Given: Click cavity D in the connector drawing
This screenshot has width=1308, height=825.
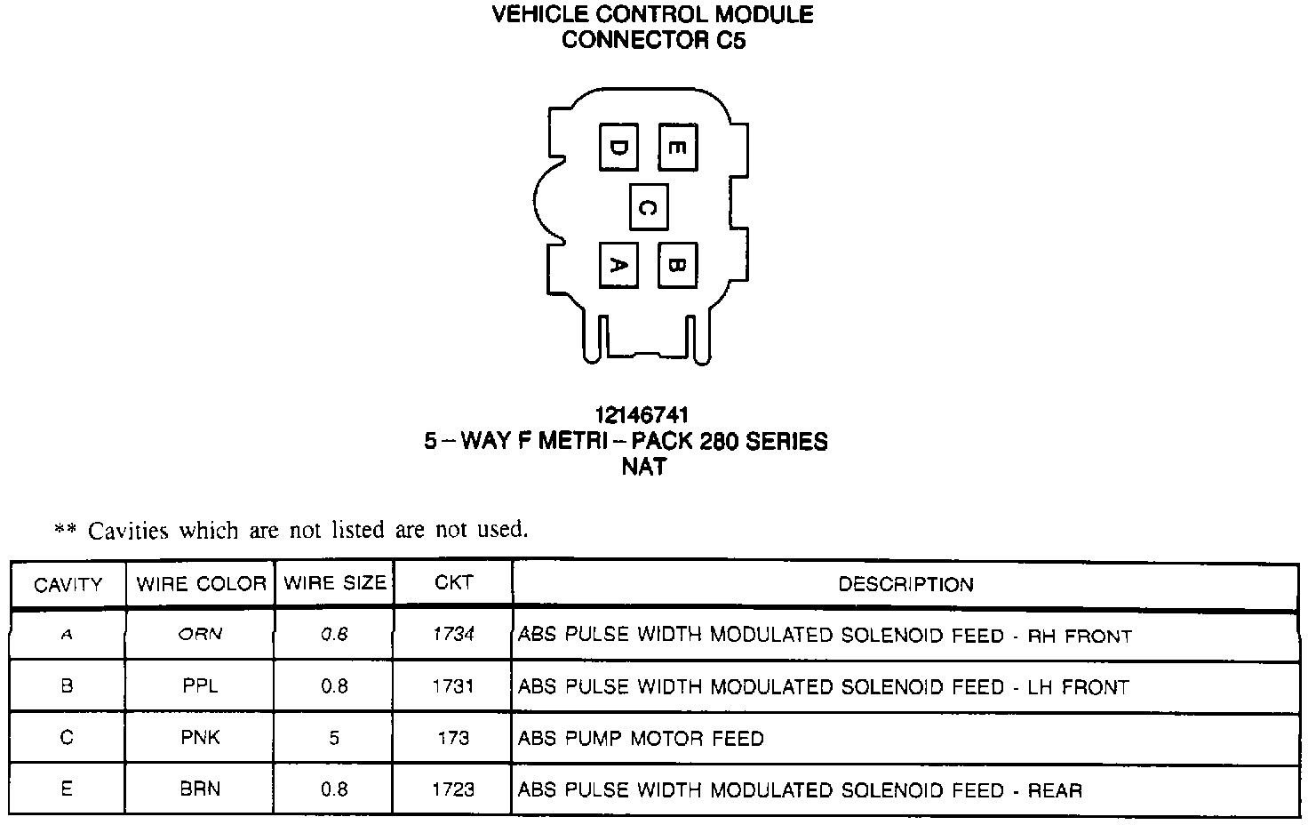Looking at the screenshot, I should (x=618, y=147).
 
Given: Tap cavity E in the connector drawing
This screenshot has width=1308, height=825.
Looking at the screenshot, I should (x=676, y=147).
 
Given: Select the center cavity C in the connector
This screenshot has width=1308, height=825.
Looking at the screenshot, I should (x=648, y=207).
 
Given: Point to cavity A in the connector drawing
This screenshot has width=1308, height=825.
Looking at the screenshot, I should (x=618, y=265).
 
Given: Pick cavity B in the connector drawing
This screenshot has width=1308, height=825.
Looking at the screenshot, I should (x=676, y=265).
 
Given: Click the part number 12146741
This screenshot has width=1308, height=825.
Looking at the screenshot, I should (x=642, y=415).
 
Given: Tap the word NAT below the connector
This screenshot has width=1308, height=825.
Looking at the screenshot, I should (x=643, y=467).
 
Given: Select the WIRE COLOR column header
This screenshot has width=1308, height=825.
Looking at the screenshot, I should (x=201, y=584).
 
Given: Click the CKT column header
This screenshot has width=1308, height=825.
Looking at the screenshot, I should (x=453, y=583).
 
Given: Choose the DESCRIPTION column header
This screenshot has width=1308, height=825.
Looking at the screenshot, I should (x=905, y=584).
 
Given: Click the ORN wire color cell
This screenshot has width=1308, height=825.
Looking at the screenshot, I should (x=200, y=635).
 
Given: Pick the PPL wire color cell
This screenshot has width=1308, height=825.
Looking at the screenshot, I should (x=200, y=686).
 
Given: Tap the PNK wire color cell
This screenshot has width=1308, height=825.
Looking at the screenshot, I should (x=200, y=738).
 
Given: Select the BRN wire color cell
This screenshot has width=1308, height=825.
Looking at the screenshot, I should (x=200, y=789).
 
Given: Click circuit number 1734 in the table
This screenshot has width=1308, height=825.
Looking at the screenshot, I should (x=453, y=635).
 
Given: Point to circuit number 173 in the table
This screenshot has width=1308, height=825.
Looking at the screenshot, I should (x=453, y=738).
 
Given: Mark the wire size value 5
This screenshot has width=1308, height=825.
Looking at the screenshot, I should (x=334, y=738).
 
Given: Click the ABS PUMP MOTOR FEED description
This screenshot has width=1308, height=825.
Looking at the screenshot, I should (x=641, y=738).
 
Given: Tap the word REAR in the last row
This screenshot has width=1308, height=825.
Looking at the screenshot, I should (x=1055, y=790).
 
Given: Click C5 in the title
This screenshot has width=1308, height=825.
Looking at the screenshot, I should (x=727, y=40).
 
